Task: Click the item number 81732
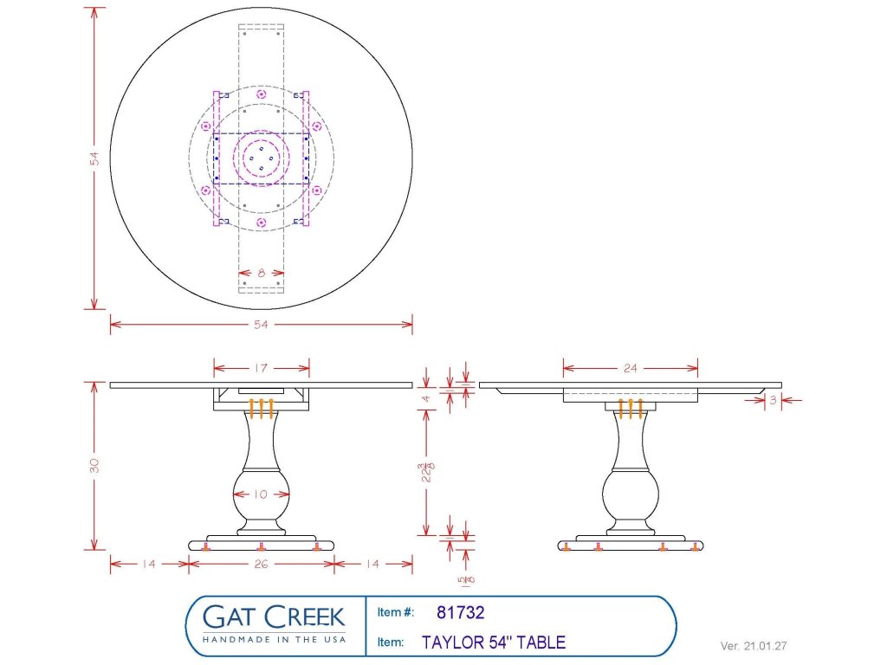460,613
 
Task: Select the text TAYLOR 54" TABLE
494,642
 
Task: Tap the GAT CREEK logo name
273,617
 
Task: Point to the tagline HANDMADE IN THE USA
273,639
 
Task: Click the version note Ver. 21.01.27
754,646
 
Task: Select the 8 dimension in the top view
261,272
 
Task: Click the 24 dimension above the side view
630,369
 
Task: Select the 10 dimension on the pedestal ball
261,494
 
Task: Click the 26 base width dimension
261,564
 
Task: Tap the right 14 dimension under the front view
372,564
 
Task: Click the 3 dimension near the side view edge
773,399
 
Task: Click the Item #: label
396,613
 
